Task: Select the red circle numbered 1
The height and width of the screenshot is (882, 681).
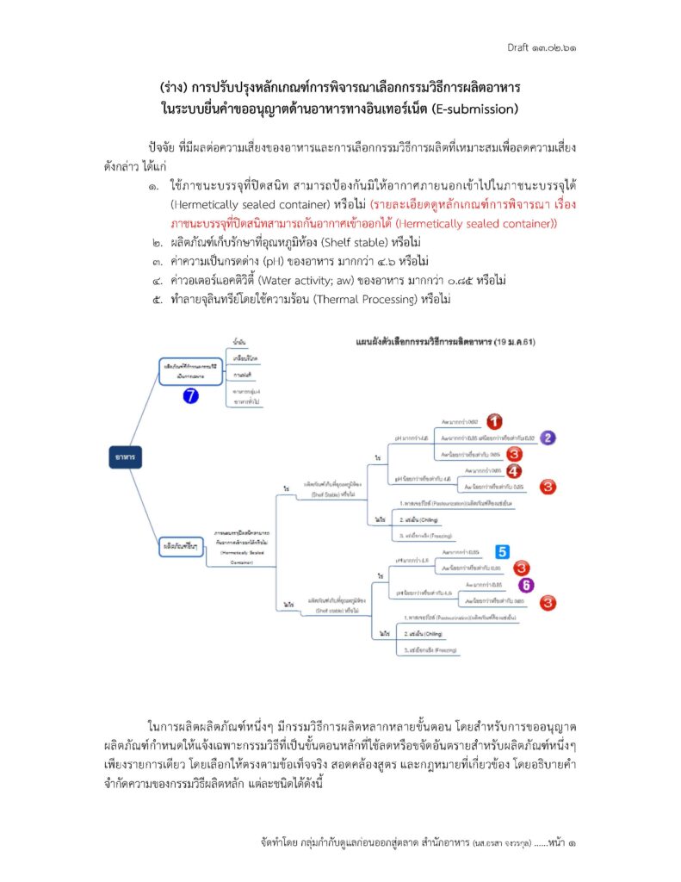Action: point(493,421)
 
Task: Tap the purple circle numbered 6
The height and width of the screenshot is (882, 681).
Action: point(525,585)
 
